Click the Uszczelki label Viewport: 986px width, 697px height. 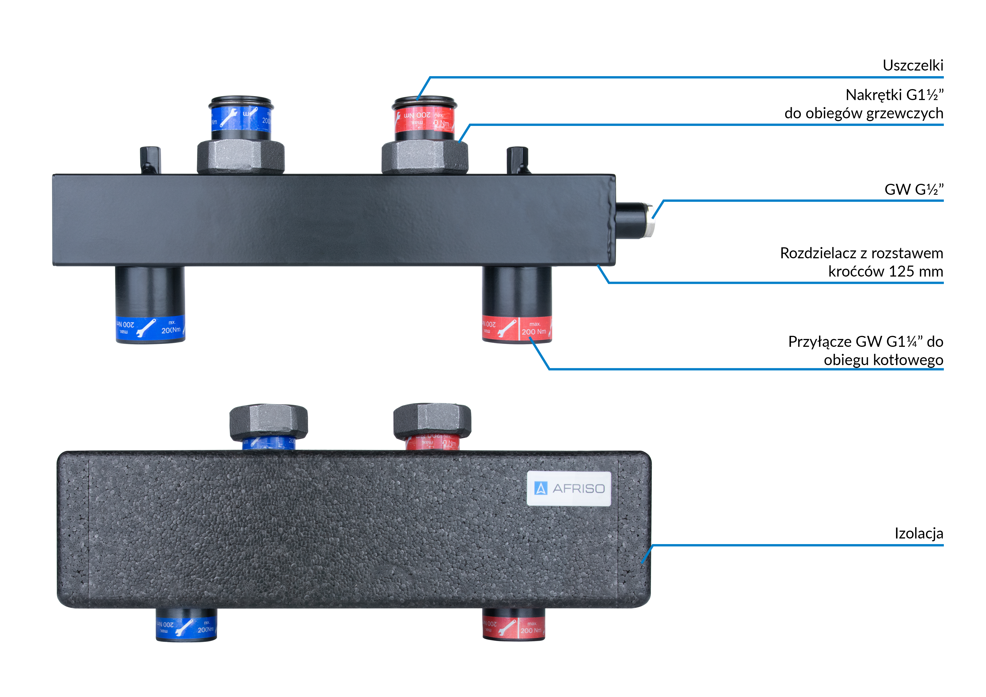point(913,65)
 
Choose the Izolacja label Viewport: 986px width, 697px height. point(919,533)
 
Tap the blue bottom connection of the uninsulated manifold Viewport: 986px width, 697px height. point(150,329)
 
